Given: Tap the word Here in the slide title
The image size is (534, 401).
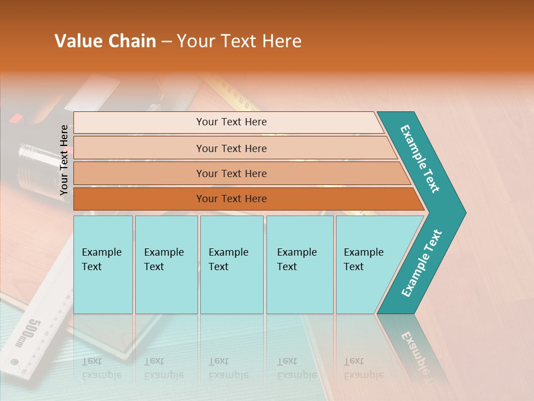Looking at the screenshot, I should [280, 41].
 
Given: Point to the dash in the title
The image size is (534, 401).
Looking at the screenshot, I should [166, 42].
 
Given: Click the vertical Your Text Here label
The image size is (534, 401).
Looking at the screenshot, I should [64, 160].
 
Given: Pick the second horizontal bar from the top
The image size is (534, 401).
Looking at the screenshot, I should [231, 148].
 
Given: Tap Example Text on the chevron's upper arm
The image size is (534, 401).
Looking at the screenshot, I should [420, 159].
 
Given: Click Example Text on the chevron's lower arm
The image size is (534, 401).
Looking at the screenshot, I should [422, 263].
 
